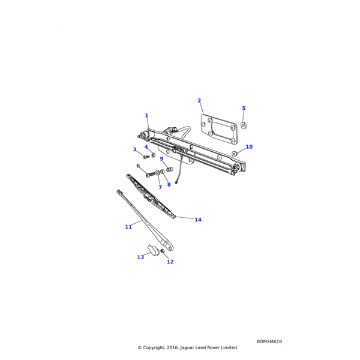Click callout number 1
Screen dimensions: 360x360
[147, 115]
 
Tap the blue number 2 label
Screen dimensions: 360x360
[199, 101]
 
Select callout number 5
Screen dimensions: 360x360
[244, 108]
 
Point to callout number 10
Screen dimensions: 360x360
[249, 147]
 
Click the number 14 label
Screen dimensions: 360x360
[198, 220]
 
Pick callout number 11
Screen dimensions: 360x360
[128, 227]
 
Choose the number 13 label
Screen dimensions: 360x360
[140, 257]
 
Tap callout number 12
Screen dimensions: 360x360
[170, 262]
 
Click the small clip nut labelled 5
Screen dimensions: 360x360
[244, 125]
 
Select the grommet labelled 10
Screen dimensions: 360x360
[234, 154]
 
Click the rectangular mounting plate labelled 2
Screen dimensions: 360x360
[219, 129]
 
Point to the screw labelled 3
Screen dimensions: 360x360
[146, 157]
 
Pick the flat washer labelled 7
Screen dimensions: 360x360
[158, 172]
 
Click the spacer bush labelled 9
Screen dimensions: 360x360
[170, 170]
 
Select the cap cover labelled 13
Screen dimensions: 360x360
[154, 250]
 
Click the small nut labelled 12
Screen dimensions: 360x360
[163, 251]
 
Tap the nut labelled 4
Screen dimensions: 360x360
[154, 155]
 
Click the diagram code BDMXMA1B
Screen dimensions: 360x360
[269, 341]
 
